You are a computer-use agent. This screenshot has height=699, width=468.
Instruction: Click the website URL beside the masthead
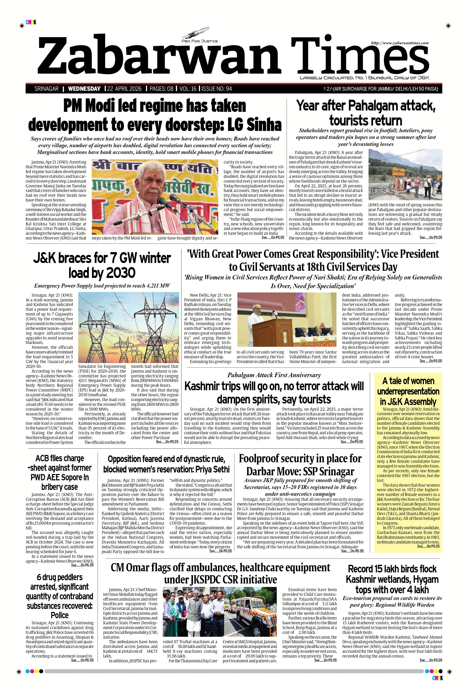tap(400, 43)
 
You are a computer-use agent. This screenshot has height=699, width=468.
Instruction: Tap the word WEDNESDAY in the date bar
tap(84, 89)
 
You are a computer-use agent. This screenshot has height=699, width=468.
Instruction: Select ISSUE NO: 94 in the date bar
tap(217, 89)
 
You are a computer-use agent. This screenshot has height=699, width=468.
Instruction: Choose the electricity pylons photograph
tap(129, 327)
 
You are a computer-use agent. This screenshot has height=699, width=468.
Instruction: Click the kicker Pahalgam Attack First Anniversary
tap(274, 375)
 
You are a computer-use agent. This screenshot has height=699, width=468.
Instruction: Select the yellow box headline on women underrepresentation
tap(408, 391)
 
